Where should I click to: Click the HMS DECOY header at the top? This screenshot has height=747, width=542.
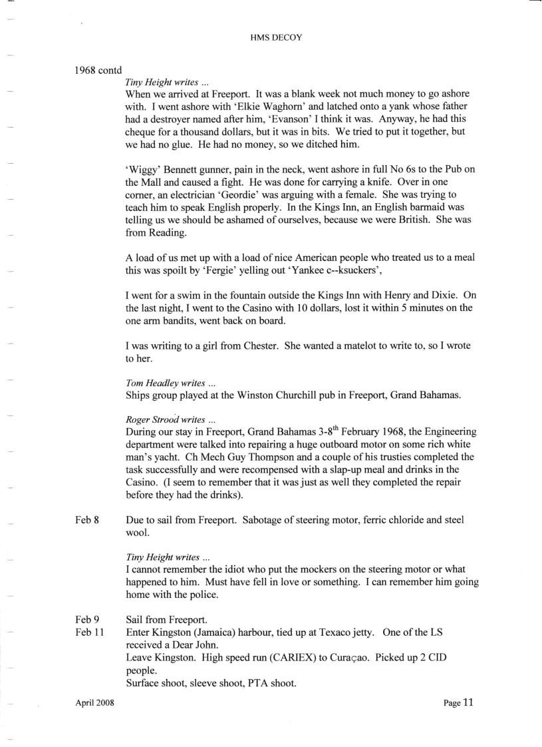pyautogui.click(x=271, y=38)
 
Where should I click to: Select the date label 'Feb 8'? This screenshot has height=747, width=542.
pyautogui.click(x=87, y=519)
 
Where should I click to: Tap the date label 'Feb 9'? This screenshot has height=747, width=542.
pyautogui.click(x=87, y=621)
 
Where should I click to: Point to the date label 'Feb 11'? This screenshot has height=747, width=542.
pyautogui.click(x=90, y=632)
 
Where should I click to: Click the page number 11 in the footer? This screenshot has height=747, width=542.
pyautogui.click(x=468, y=702)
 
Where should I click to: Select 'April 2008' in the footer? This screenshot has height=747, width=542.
pyautogui.click(x=94, y=703)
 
